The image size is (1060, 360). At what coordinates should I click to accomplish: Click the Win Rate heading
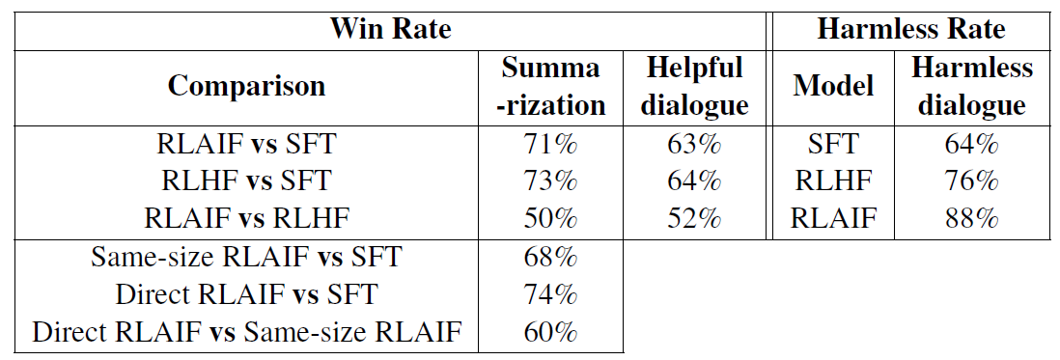(390, 28)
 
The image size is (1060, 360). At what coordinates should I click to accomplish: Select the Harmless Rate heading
(910, 28)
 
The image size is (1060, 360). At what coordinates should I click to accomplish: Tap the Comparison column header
(246, 86)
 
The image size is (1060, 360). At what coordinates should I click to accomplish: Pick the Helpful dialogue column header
(695, 86)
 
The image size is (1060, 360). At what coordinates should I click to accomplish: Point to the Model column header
(833, 86)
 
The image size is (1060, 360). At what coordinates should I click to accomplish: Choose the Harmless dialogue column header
(971, 86)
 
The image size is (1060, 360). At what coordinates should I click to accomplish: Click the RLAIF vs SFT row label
(246, 146)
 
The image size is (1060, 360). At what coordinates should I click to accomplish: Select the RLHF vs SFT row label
(246, 181)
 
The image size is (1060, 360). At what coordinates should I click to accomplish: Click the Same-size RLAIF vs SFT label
(246, 258)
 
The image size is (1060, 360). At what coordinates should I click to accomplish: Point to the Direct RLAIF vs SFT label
(246, 294)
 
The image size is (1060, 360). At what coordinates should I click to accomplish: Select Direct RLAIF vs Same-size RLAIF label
(246, 332)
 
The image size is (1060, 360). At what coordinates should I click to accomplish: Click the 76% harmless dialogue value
(971, 181)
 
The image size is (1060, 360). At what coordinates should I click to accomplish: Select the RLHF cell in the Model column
(833, 181)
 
